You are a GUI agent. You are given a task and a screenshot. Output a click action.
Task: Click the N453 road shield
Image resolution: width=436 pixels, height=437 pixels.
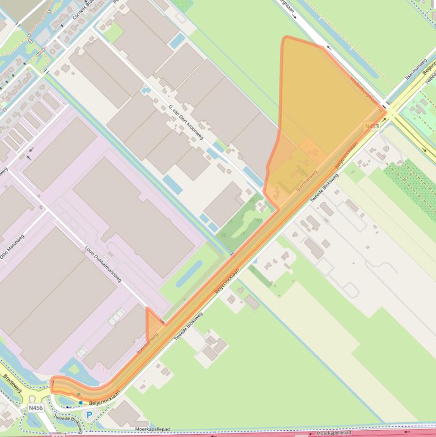[372, 126]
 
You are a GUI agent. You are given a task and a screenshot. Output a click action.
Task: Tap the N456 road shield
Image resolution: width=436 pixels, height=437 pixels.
[35, 407]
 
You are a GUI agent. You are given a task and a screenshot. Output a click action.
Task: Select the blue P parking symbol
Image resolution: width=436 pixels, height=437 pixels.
[89, 415]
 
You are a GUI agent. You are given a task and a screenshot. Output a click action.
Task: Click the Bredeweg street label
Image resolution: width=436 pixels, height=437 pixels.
[12, 384]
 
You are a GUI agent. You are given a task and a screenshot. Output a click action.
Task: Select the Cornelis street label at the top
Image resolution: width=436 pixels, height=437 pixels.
[82, 10]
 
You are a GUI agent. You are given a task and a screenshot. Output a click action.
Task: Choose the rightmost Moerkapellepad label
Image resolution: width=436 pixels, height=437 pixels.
[335, 432]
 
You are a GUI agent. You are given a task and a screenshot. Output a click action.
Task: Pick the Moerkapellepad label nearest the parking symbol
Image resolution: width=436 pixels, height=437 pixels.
[153, 429]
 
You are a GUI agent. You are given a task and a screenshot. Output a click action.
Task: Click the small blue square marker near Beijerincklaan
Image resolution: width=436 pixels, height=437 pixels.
[81, 403]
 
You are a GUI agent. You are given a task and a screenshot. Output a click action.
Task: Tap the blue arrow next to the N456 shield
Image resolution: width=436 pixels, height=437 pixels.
[69, 406]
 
